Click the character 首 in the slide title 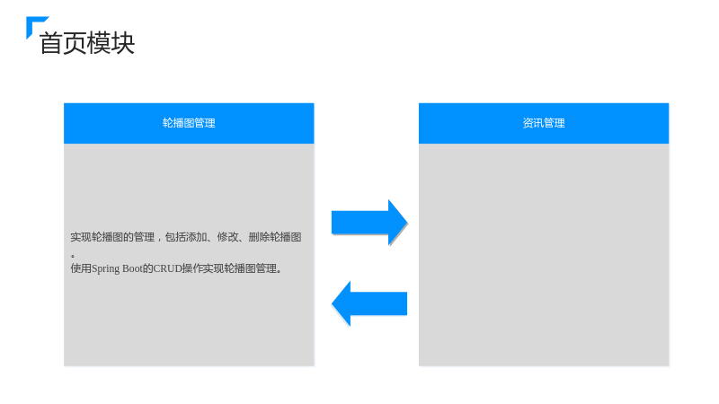[x=51, y=43]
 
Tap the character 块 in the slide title [x=123, y=43]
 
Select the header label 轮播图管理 [x=189, y=123]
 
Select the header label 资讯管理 [x=544, y=123]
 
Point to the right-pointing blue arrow [x=369, y=223]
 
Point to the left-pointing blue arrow [x=369, y=303]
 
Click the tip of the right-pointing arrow [x=407, y=223]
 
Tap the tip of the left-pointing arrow [x=332, y=303]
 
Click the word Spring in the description [x=105, y=268]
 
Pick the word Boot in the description [x=132, y=268]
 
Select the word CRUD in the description [x=167, y=268]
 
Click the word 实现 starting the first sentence [x=81, y=237]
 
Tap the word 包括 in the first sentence [x=175, y=237]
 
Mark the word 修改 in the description [x=227, y=237]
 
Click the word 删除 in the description [x=259, y=237]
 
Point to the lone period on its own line [x=73, y=256]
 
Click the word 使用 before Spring [x=81, y=268]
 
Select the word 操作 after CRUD [x=192, y=268]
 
